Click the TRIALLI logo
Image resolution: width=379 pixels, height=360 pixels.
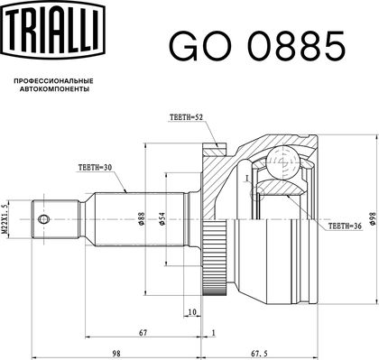coord(53,30)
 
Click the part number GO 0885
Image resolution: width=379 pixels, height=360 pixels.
coord(257,47)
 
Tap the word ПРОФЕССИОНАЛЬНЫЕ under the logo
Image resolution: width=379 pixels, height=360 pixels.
coord(54,81)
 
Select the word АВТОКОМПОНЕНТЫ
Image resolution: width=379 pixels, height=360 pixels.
coord(54,89)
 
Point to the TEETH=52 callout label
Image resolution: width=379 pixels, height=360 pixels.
coord(185,117)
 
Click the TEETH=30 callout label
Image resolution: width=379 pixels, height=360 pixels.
coord(95,168)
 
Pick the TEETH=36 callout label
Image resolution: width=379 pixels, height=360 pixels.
coord(345,226)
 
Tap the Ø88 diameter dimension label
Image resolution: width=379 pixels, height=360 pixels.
coord(142,218)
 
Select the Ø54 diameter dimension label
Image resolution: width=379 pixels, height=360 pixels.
coord(162,218)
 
